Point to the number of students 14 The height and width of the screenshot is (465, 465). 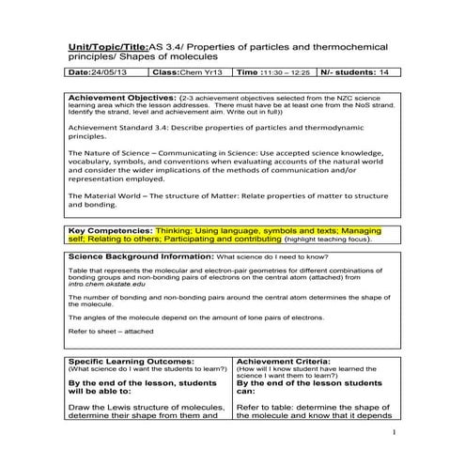pos(378,71)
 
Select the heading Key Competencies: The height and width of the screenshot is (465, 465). pos(111,229)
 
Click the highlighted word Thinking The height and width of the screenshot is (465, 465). pos(176,229)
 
